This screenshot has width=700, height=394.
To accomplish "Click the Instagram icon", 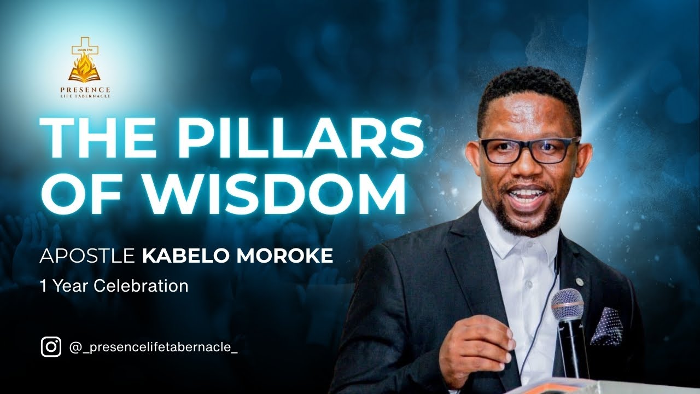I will pos(51,347).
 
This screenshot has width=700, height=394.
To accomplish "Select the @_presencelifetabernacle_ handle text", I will pos(154,347).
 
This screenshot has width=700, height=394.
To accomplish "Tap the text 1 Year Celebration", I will pos(114,286).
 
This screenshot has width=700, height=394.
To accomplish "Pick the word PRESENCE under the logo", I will pos(84,90).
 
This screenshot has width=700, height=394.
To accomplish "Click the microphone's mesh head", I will pos(567,303).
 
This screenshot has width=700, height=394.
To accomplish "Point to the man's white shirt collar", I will pos(520,241).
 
